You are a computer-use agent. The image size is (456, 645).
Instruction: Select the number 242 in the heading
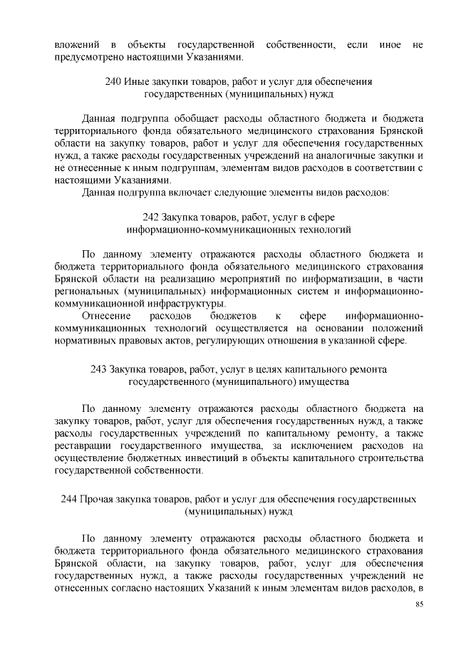pyautogui.click(x=152, y=217)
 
